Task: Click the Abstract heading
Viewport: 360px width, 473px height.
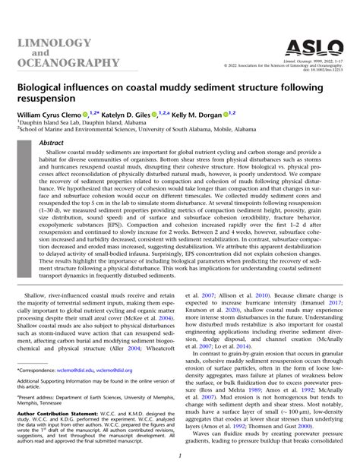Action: point(52,142)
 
